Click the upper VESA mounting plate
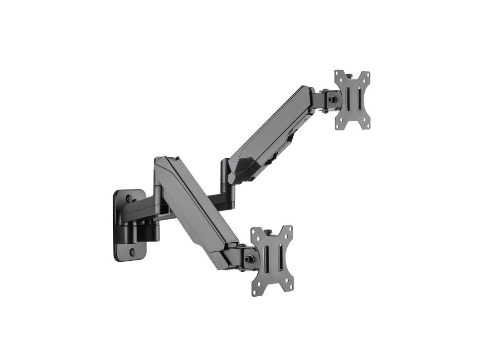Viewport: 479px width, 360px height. coord(352,100)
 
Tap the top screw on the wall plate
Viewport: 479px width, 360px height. coord(129,198)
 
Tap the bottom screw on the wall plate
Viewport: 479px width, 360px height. coord(132,253)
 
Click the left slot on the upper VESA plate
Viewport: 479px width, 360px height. coord(346,100)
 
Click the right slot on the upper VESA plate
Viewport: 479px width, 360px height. coord(359,100)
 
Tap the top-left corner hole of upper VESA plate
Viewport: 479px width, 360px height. coord(338,75)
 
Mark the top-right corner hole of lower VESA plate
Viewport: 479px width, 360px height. coord(288,230)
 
